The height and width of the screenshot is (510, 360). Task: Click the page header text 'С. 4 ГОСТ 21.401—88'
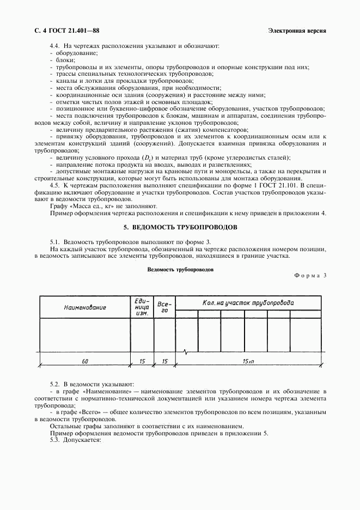coord(63,31)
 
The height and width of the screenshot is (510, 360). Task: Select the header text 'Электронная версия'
coord(297,31)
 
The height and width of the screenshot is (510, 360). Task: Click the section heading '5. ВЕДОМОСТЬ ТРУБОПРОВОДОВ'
coord(180,227)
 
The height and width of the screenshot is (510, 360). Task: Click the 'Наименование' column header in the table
coord(84,307)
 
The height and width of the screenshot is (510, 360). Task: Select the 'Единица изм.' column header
coord(142,307)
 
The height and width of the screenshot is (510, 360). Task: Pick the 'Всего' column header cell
coord(165,307)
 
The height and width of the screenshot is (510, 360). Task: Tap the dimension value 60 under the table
coord(84,361)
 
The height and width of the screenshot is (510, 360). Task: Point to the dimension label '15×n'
coord(248,361)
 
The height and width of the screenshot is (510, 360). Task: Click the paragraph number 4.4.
coord(54,46)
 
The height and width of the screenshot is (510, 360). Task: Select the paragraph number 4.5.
coord(54,186)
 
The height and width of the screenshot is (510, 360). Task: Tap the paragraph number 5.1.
coord(54,242)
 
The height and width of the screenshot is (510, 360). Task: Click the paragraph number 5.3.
coord(54,440)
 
